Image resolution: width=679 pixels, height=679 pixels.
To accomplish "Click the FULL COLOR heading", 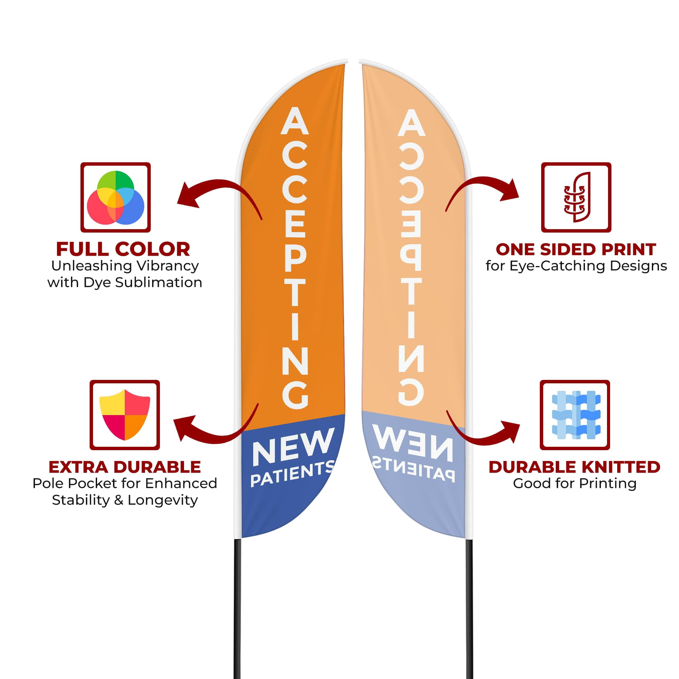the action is (x=123, y=250).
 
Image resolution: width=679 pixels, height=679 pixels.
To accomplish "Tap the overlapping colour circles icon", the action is (x=116, y=198).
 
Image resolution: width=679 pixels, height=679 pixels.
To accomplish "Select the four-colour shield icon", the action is (x=125, y=415).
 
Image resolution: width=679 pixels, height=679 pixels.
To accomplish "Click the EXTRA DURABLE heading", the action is (x=125, y=467).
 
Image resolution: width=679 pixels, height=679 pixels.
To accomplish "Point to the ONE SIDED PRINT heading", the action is (x=576, y=250).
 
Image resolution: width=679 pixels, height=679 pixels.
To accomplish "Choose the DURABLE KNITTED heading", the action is (x=575, y=467).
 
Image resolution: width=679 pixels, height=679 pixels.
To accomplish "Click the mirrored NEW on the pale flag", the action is (x=412, y=442).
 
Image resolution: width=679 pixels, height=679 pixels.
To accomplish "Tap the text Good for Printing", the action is (x=575, y=483).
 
